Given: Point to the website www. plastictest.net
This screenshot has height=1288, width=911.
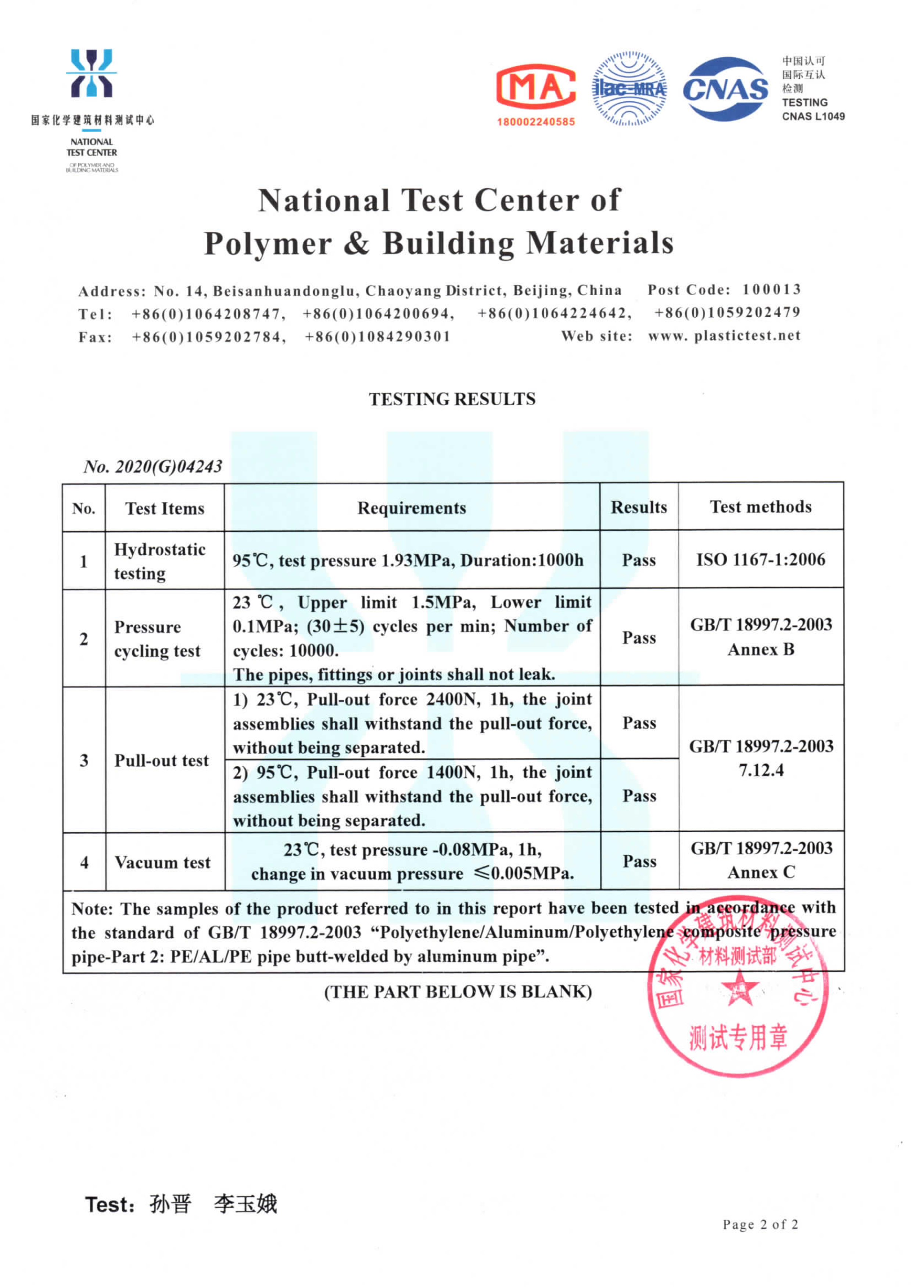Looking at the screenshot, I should pyautogui.click(x=724, y=336).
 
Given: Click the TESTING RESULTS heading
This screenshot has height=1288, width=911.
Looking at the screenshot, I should pyautogui.click(x=452, y=399).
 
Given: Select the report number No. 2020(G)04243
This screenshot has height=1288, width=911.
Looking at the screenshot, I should pyautogui.click(x=153, y=466).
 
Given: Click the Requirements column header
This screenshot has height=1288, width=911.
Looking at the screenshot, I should pyautogui.click(x=412, y=508).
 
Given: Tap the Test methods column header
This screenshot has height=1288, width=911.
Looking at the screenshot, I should pyautogui.click(x=761, y=507).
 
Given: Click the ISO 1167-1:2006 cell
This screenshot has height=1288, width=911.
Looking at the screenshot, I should pyautogui.click(x=761, y=559).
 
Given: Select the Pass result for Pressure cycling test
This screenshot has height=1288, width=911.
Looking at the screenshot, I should pyautogui.click(x=639, y=638).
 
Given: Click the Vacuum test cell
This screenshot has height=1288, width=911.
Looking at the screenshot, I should pyautogui.click(x=162, y=862).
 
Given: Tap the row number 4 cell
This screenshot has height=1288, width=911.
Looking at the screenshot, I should pyautogui.click(x=84, y=862).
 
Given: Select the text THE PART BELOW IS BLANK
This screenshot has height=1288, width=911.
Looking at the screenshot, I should pyautogui.click(x=458, y=991).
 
